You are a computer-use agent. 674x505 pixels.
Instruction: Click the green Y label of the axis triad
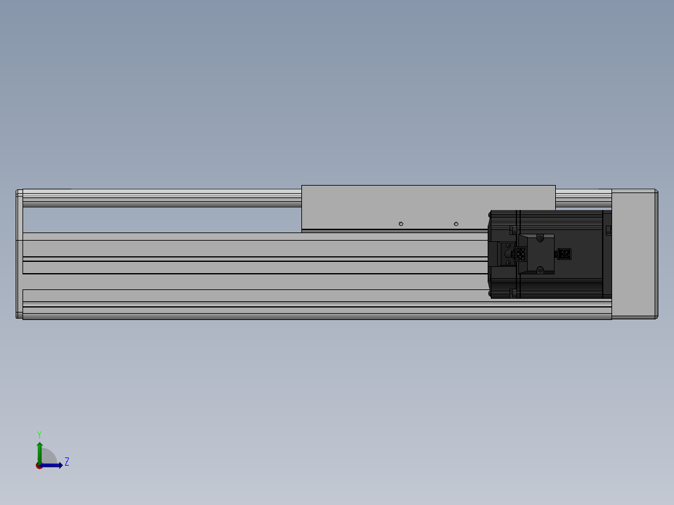pos(39,434)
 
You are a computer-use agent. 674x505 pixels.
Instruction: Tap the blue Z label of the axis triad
pos(66,462)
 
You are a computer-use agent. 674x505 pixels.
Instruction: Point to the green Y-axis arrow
pos(39,451)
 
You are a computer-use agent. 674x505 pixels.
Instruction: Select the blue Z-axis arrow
pos(54,465)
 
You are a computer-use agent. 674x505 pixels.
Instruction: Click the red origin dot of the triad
pos(39,466)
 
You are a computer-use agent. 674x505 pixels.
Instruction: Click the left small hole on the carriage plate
pos(401,224)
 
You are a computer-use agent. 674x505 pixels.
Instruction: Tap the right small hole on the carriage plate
pos(456,224)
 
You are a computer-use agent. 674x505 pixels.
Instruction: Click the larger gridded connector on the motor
pos(520,254)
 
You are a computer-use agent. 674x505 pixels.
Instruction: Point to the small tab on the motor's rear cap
pos(608,231)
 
